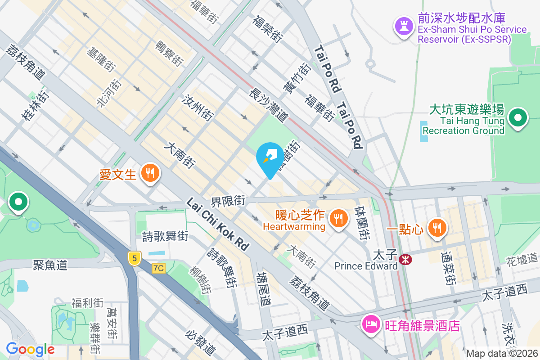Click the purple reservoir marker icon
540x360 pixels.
pos(404,26)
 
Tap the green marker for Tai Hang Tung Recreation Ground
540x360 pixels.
pos(518,118)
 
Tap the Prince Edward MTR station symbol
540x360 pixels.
pos(405,259)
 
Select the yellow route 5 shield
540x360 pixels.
pos(134,258)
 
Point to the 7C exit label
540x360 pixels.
pos(158,268)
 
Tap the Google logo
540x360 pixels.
pos(30,349)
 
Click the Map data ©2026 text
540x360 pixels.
pos(502,353)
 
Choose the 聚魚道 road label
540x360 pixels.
pos(50,265)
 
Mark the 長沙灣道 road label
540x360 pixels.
pos(269,105)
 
